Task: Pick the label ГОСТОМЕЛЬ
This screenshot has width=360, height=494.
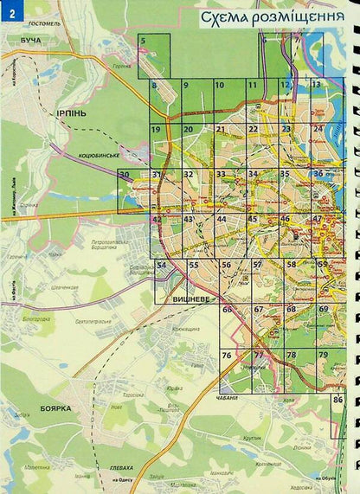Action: click(x=43, y=23)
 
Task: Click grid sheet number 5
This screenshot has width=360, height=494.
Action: click(x=144, y=41)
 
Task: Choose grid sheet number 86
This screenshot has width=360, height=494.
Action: click(x=337, y=401)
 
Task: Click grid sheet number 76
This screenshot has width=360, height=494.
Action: click(x=227, y=356)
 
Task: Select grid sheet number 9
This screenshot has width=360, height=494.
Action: click(x=185, y=85)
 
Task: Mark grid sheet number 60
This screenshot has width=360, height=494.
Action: click(x=227, y=310)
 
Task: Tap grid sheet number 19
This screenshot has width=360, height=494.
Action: click(x=156, y=130)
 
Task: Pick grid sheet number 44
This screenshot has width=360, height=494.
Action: click(x=222, y=220)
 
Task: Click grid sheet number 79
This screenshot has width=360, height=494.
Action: click(x=322, y=356)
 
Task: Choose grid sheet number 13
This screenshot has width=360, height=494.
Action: click(x=317, y=85)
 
